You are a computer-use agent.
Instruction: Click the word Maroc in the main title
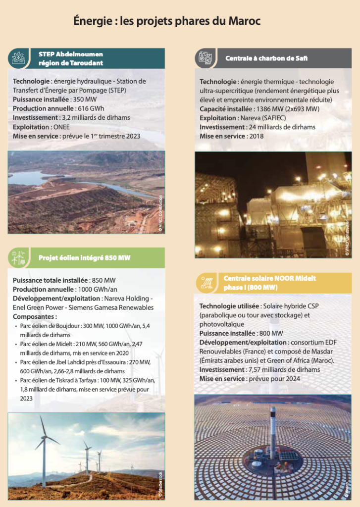pyautogui.click(x=244, y=21)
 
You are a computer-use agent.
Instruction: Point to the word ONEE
pyautogui.click(x=61, y=127)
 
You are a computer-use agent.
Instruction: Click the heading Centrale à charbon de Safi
pyautogui.click(x=266, y=58)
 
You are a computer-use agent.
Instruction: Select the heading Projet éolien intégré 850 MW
pyautogui.click(x=85, y=258)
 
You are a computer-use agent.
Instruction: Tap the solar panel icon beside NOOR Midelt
pyautogui.click(x=206, y=283)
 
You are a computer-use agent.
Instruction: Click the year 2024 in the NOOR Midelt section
pyautogui.click(x=292, y=379)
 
